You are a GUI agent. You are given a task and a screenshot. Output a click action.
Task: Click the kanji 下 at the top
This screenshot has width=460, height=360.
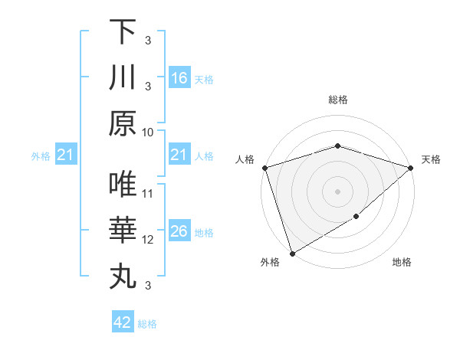pos(123,31)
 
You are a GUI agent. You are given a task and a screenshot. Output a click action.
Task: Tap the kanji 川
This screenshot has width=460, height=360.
pos(123,77)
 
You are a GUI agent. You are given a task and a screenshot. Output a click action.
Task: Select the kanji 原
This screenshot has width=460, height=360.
pos(123,123)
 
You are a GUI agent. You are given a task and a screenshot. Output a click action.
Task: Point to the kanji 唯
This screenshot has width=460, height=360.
pos(123,185)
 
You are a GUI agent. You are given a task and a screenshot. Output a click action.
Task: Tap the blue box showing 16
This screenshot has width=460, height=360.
pos(179,78)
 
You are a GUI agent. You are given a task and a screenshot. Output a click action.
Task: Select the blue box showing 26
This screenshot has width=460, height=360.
pos(179,232)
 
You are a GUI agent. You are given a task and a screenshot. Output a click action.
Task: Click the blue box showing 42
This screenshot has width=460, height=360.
pos(123,322)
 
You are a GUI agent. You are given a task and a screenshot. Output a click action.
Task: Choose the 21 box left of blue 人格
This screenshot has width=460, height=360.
pos(179,155)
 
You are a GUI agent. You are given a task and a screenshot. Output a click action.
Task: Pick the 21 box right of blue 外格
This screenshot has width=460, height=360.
pos(66,155)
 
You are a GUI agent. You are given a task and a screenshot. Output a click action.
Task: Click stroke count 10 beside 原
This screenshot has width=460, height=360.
pos(148,132)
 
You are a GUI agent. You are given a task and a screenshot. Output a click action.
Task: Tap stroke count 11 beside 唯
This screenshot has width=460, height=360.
pos(148,193)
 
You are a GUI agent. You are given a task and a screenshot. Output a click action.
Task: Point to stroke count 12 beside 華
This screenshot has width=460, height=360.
pos(148,240)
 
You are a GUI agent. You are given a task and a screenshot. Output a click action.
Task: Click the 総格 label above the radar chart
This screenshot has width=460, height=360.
pos(337,100)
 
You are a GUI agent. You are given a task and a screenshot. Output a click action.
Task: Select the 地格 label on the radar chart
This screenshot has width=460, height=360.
pos(402,263)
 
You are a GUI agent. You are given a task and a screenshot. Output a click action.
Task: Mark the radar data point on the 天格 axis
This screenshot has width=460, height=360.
pos(412,168)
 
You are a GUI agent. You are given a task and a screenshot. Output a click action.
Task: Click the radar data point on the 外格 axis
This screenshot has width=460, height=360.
pos(292,254)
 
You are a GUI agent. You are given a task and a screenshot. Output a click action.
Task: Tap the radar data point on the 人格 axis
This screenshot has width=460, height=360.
pos(264,168)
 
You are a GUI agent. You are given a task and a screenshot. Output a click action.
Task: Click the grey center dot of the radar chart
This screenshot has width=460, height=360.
pos(337,191)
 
